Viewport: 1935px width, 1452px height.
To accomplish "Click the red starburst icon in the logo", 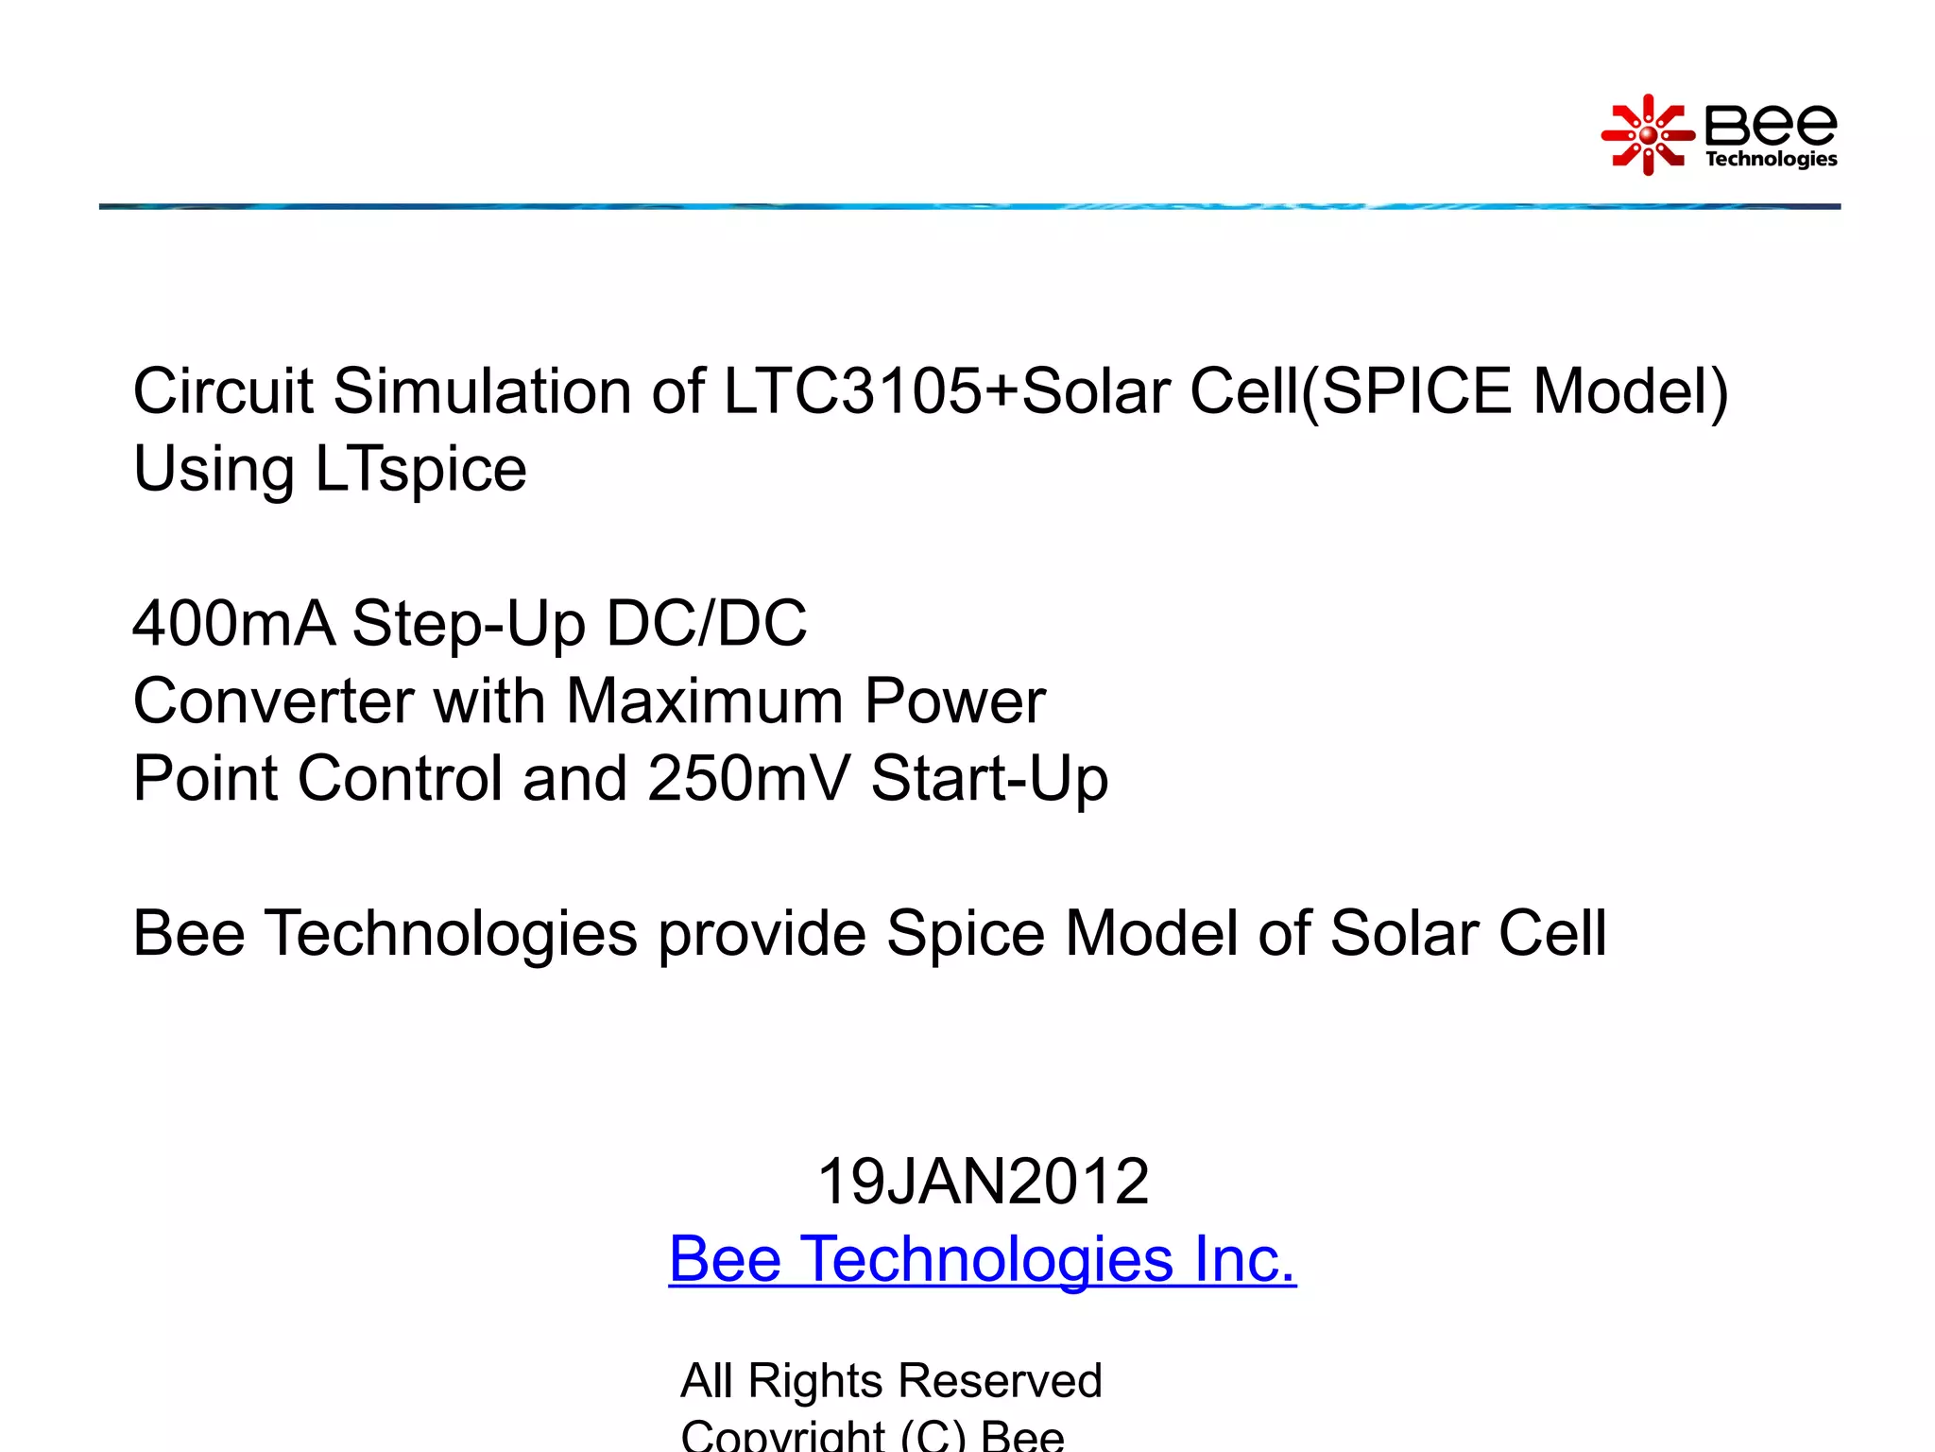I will point(1647,135).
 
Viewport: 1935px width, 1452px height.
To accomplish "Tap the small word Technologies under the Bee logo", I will point(1771,159).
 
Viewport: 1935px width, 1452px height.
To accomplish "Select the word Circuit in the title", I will point(222,390).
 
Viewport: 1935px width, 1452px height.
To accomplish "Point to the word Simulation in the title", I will point(482,390).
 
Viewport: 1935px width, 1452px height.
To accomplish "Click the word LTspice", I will point(420,469).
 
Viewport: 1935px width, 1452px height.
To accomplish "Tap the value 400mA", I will point(233,624).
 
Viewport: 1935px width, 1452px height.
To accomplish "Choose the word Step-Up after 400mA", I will point(469,624).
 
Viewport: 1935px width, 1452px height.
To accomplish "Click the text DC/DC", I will point(706,624).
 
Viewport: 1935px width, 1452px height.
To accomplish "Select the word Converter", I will point(272,701).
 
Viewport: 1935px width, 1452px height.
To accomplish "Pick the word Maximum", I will point(704,701).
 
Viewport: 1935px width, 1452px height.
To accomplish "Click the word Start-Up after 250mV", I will point(989,779).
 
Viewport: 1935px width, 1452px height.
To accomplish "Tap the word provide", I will point(762,934).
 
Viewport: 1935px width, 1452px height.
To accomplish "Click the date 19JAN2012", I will point(983,1182).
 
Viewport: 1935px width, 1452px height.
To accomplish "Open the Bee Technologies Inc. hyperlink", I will point(983,1259).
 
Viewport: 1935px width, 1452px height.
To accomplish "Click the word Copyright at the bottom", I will point(782,1437).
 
